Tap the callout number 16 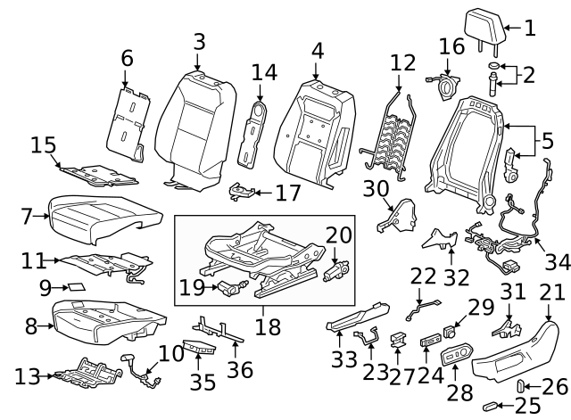coord(452,45)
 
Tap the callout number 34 coord(556,261)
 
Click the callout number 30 coord(376,187)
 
